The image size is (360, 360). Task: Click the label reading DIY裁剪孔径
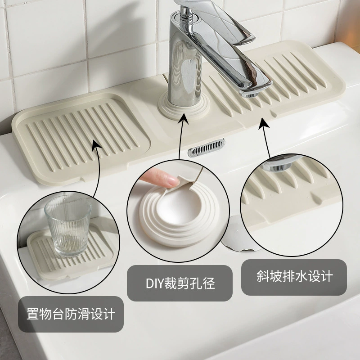180,283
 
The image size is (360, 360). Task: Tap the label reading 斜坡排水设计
295,276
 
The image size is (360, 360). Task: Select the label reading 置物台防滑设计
71,314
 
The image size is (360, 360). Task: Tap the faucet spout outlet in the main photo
249,94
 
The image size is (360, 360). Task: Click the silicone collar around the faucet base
184,107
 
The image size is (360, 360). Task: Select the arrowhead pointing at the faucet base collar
184,119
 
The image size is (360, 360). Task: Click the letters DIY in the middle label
153,283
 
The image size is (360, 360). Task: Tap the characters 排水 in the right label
295,276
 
